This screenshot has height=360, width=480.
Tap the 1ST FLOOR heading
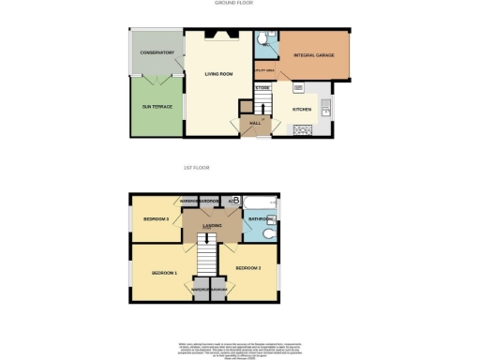194,168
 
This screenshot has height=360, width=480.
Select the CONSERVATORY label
157,52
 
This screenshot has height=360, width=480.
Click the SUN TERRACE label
157,106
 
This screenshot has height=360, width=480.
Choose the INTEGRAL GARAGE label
316,56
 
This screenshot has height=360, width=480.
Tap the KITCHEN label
302,109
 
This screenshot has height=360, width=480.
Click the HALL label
253,123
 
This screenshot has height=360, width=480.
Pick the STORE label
262,87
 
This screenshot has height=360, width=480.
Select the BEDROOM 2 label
247,268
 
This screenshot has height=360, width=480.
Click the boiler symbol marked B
234,200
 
